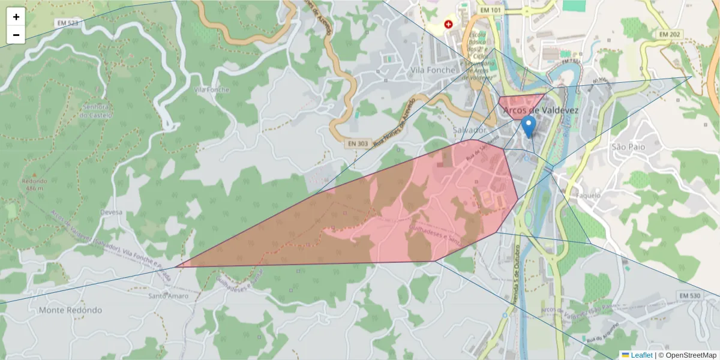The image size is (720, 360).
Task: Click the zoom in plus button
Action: coord(16,17)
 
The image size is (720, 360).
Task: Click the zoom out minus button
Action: coord(16,35)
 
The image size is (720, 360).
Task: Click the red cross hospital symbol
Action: coord(448,25)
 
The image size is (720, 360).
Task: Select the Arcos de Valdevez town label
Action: coord(541,110)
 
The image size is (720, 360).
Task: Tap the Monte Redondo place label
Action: coord(70,310)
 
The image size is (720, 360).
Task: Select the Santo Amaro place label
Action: coord(168,296)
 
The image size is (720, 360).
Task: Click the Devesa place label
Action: coord(112,212)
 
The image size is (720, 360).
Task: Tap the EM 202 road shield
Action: coord(670,34)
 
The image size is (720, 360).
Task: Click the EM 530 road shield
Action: coord(689,296)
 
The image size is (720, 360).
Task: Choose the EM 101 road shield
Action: coord(490,10)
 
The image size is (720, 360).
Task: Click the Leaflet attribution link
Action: coord(641,355)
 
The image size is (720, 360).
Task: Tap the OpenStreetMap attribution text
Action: coord(691,355)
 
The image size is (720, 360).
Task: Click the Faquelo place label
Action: coord(588,195)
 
